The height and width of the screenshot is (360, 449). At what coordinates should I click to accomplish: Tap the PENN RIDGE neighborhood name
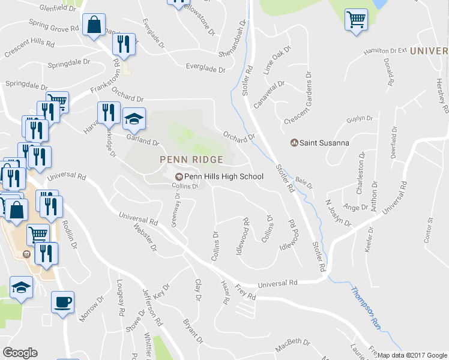pyautogui.click(x=191, y=160)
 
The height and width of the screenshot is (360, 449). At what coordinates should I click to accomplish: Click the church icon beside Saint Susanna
pyautogui.click(x=294, y=143)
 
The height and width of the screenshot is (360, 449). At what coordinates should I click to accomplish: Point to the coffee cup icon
pyautogui.click(x=62, y=302)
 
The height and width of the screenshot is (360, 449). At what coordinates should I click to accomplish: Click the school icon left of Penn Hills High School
pyautogui.click(x=178, y=176)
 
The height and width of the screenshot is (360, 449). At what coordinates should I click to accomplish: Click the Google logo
pyautogui.click(x=20, y=353)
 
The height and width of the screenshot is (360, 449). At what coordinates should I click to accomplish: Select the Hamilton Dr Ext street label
pyautogui.click(x=385, y=52)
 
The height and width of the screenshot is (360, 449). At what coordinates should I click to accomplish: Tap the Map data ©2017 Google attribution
pyautogui.click(x=412, y=355)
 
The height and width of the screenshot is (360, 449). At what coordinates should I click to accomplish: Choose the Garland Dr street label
pyautogui.click(x=142, y=140)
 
